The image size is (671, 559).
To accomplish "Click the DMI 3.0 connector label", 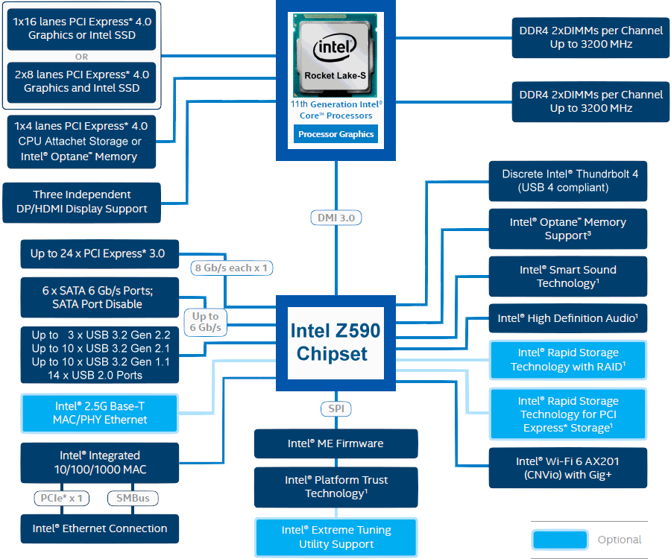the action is coord(336,218).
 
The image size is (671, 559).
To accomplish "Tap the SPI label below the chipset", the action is coord(336,409).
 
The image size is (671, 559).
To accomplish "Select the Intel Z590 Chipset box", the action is coord(336,343).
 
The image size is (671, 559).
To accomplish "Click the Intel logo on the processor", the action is coord(335,48).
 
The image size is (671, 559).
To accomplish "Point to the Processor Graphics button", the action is coord(336,134).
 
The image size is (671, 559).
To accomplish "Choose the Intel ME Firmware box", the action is coord(336,443).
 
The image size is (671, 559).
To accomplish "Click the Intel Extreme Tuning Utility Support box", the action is coord(336,537).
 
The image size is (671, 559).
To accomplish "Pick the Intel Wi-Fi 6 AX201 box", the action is coord(568,468).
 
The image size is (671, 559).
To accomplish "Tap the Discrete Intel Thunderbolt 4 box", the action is coord(568,181).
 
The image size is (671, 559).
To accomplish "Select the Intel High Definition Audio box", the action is coord(568,318).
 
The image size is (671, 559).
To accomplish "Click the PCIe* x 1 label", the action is coord(62,499).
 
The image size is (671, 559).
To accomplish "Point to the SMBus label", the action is coord(133,499).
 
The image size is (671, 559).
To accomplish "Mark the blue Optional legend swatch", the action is coord(560,540).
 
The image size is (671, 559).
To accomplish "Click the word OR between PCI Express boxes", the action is coord(81,57).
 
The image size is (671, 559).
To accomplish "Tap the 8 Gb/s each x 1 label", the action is coord(232,268).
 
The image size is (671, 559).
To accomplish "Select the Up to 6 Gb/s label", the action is coord(206,322).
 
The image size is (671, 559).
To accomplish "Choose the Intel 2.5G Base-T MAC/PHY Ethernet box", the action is coord(100,413).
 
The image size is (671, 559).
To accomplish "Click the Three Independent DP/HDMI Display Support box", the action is coord(82,202).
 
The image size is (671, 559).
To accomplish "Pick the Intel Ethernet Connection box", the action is coord(100,528).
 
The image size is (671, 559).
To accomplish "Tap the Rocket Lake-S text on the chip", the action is coord(335,76).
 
